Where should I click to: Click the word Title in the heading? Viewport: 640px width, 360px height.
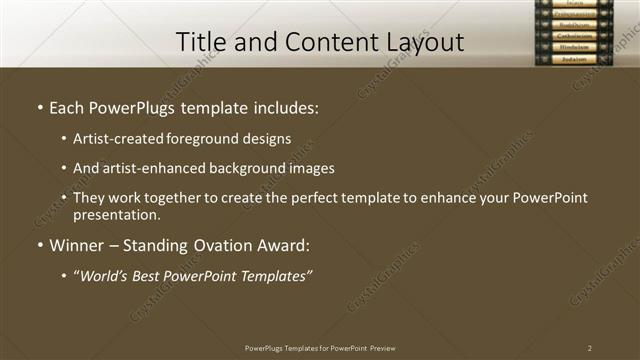point(200,42)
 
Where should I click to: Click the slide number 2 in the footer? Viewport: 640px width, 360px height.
point(590,348)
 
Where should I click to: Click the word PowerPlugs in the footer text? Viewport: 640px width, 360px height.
point(266,348)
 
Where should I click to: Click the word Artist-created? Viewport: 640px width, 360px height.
point(114,140)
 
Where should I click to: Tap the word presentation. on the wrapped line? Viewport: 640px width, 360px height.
point(116,214)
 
